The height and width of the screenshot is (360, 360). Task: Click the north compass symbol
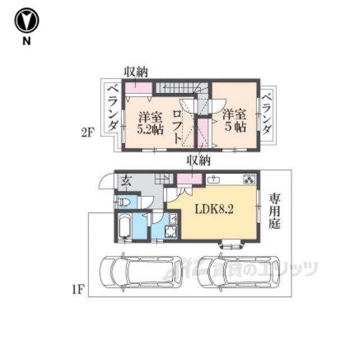(x=26, y=20)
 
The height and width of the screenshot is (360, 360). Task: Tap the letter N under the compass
(x=26, y=41)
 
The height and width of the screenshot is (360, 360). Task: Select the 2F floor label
(x=88, y=133)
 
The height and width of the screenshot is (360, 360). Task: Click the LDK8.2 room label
(x=214, y=209)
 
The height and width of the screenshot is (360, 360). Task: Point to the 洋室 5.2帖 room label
(x=150, y=123)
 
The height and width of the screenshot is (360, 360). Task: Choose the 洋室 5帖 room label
(x=235, y=121)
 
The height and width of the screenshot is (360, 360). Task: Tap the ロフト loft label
(x=177, y=127)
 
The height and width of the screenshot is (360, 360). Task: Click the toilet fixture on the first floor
(x=124, y=202)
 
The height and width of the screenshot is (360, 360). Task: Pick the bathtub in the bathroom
(x=125, y=226)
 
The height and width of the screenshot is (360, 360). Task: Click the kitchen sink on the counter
(x=214, y=179)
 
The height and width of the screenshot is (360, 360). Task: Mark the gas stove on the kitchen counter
(x=249, y=179)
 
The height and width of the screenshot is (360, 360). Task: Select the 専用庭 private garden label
(x=274, y=211)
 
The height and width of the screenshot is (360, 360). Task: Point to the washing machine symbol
(x=171, y=231)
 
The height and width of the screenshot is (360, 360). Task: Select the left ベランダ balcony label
(x=112, y=108)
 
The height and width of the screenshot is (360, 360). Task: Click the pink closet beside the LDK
(x=189, y=179)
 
